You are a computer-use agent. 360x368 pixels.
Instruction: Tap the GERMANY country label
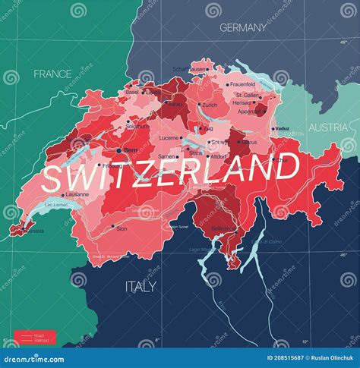click(243, 28)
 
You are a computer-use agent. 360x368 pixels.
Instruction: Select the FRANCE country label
click(52, 74)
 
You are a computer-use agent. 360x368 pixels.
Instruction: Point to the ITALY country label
click(140, 286)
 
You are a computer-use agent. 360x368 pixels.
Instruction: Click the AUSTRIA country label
click(327, 127)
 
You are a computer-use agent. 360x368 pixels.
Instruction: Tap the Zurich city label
click(210, 105)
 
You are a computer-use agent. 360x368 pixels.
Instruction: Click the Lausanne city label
click(77, 194)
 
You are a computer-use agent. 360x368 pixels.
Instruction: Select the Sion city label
click(122, 228)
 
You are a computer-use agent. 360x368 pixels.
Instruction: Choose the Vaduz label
click(283, 128)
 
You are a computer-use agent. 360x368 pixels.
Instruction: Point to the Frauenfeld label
click(242, 85)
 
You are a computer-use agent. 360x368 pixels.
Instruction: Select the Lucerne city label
click(169, 138)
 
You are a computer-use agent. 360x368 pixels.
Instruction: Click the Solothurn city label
click(137, 126)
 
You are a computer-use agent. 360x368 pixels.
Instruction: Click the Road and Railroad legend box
click(33, 336)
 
